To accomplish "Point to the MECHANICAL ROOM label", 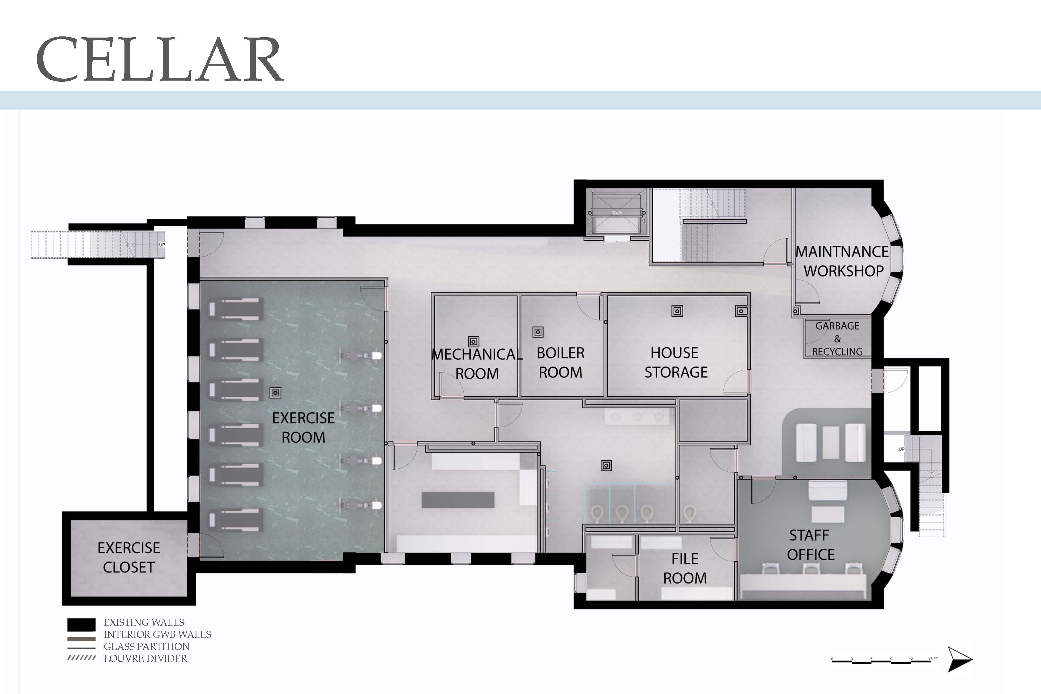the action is pyautogui.click(x=477, y=364).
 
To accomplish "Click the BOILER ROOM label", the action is pyautogui.click(x=561, y=362).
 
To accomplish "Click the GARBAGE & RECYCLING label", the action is pyautogui.click(x=837, y=339).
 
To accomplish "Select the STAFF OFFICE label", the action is pyautogui.click(x=810, y=545).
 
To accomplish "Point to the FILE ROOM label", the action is pyautogui.click(x=685, y=568).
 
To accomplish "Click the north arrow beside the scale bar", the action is pyautogui.click(x=959, y=659).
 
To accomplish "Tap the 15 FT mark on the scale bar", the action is pyautogui.click(x=933, y=659).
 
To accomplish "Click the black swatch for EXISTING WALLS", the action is pyautogui.click(x=81, y=625).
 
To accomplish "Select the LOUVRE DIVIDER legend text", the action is pyautogui.click(x=145, y=659).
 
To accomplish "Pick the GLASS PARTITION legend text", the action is pyautogui.click(x=147, y=647).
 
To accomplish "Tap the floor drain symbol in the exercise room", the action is pyautogui.click(x=275, y=393).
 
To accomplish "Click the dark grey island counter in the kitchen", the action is pyautogui.click(x=458, y=500).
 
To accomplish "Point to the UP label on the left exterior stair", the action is pyautogui.click(x=162, y=245).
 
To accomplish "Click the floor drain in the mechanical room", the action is pyautogui.click(x=473, y=342).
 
